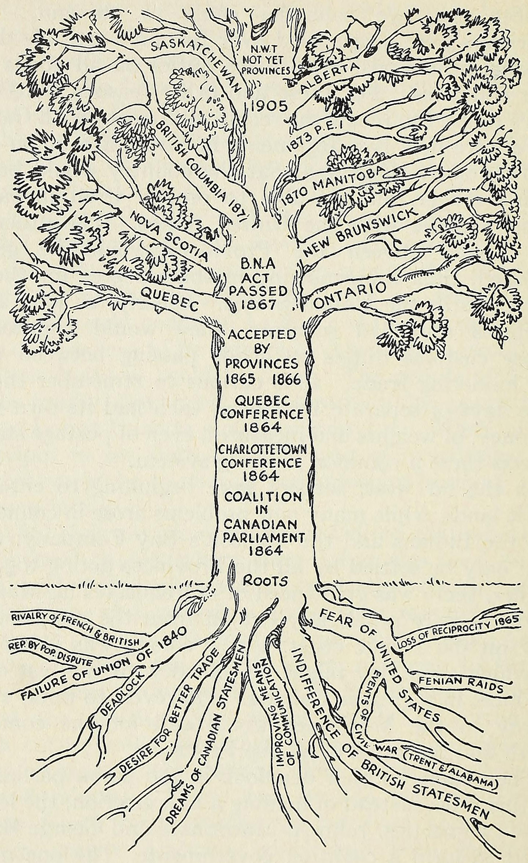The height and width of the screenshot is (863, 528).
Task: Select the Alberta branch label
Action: coord(330,77)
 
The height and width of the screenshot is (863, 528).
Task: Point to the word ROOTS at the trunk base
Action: coord(266,581)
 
